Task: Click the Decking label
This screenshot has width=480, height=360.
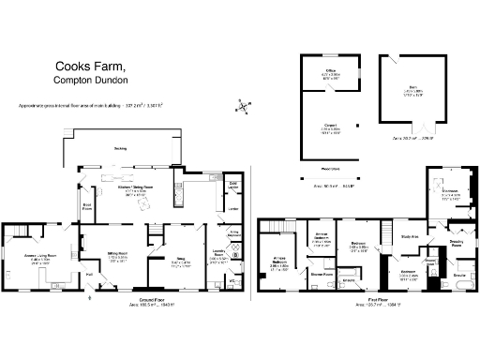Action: click(x=120, y=149)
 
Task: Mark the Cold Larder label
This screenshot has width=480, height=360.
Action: click(x=234, y=186)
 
